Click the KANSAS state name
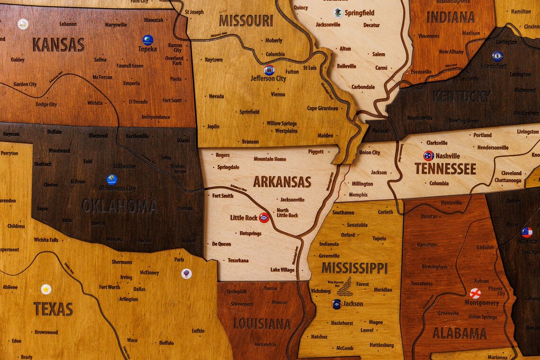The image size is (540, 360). click(x=58, y=45)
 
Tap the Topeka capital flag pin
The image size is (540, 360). click(x=148, y=40)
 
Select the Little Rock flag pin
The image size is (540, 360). click(x=264, y=218)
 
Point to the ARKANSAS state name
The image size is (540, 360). click(x=282, y=182)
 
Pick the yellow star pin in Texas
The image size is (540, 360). click(x=46, y=289)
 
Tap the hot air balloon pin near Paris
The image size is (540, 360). click(x=187, y=274)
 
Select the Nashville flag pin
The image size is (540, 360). click(x=428, y=155)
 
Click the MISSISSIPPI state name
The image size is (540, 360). click(x=354, y=268)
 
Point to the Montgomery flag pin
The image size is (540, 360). click(x=475, y=293)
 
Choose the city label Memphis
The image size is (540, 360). click(x=358, y=195)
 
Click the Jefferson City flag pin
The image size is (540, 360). click(x=269, y=70)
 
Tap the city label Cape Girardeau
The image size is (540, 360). click(x=323, y=108)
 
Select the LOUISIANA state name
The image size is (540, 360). click(x=261, y=324)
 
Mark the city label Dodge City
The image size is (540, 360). click(x=46, y=104)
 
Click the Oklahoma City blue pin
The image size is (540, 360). click(x=112, y=180)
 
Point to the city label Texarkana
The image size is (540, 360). click(x=238, y=261)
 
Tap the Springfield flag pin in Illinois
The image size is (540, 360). click(x=338, y=12)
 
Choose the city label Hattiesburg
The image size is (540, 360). click(x=382, y=345)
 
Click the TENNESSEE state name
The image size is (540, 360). click(x=445, y=169)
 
